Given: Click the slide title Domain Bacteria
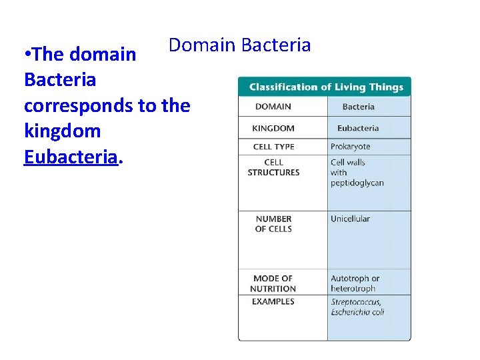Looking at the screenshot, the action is coord(239,45).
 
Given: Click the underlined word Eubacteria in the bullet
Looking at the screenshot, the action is coord(71,157).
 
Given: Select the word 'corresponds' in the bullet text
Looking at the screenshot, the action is coord(75,105).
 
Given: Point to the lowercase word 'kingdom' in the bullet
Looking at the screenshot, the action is coord(62,131).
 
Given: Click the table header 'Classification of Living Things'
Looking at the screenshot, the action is coord(325,87).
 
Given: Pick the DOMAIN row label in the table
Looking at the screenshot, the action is coord(273,107).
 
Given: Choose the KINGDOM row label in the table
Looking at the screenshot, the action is coord(273,128).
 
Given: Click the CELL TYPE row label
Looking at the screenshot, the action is coord(273,147).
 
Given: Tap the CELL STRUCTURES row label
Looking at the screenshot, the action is coord(273,167).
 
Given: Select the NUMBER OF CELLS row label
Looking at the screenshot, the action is coord(273,224).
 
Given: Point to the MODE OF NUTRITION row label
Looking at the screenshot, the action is coord(273,283).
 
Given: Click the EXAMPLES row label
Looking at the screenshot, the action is coord(273,301).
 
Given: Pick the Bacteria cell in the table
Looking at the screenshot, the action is coord(358,107).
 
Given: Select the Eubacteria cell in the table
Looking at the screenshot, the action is coord(358,128).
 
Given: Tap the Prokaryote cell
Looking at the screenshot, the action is coord(351,147).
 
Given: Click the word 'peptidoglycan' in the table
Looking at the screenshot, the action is coord(357,183).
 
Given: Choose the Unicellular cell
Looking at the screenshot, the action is coord(351,219).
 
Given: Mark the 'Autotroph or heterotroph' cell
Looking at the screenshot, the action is coord(355,283).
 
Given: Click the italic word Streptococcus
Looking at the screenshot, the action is coord(356,302).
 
